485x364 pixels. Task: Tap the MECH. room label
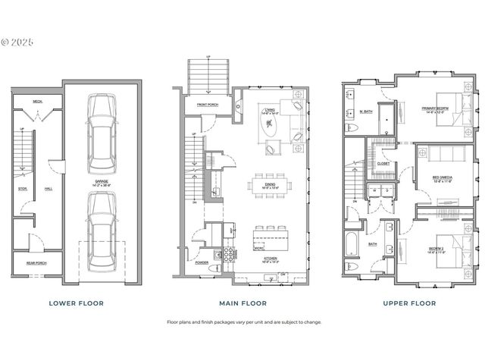point(36,101)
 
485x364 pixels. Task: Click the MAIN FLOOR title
point(243,303)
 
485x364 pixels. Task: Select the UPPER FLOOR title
point(409,303)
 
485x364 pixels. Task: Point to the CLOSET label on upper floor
point(383,162)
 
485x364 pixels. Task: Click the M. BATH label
point(366,112)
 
